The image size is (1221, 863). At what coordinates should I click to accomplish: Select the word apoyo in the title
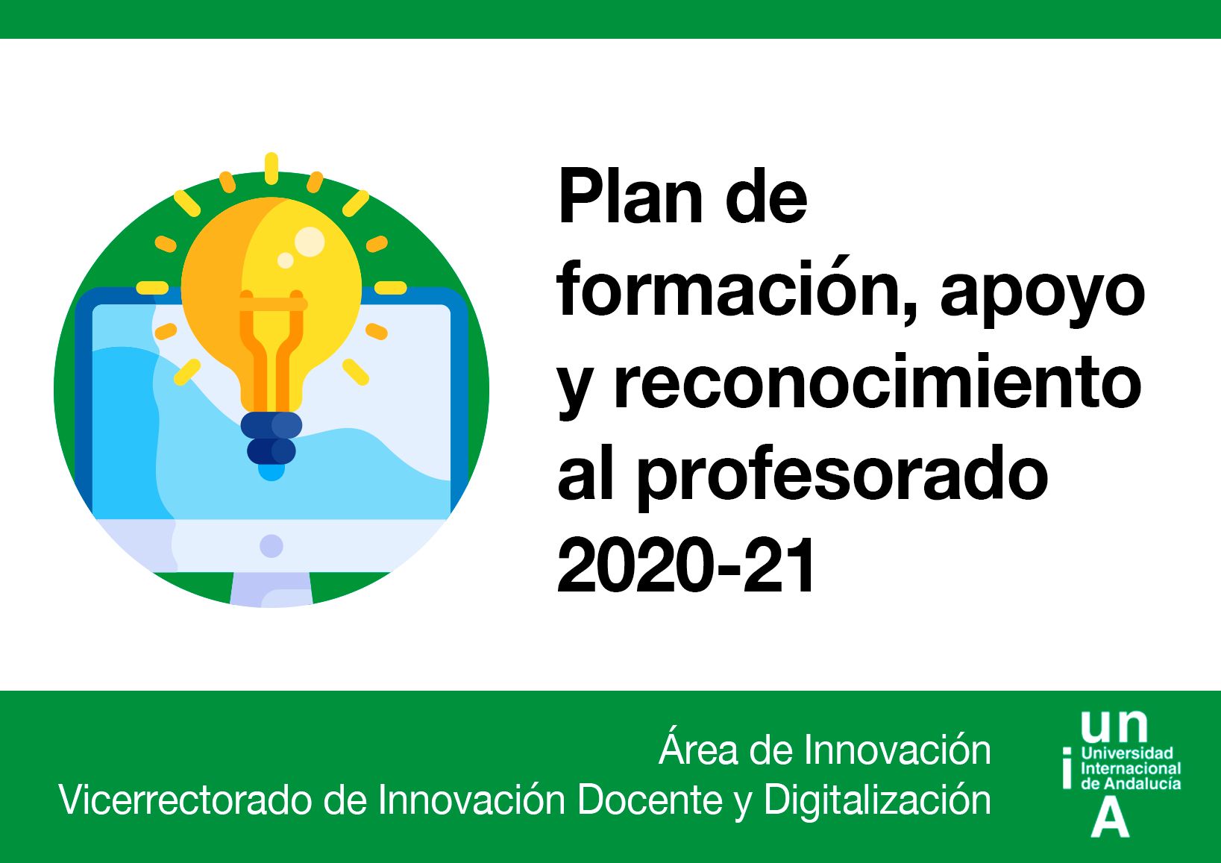tap(1042, 298)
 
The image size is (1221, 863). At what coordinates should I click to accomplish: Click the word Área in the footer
tap(697, 750)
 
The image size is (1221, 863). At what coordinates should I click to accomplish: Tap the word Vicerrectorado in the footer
tap(185, 800)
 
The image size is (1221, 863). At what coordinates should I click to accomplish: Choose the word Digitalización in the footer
tap(877, 800)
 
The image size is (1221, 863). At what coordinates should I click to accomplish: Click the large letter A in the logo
tap(1110, 820)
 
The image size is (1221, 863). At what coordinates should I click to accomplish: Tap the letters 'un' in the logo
tap(1114, 727)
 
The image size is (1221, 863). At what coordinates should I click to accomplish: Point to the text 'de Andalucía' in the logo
tap(1131, 784)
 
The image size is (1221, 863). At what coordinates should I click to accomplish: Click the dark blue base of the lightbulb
tap(271, 438)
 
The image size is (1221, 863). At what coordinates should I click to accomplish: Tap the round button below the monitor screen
tap(271, 546)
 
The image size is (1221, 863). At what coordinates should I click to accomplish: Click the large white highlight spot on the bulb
tap(310, 242)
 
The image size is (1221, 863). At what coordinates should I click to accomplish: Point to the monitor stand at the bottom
tap(271, 589)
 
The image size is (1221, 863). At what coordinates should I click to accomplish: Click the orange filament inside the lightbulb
tap(271, 349)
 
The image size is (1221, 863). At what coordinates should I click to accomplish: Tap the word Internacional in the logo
tap(1131, 769)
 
